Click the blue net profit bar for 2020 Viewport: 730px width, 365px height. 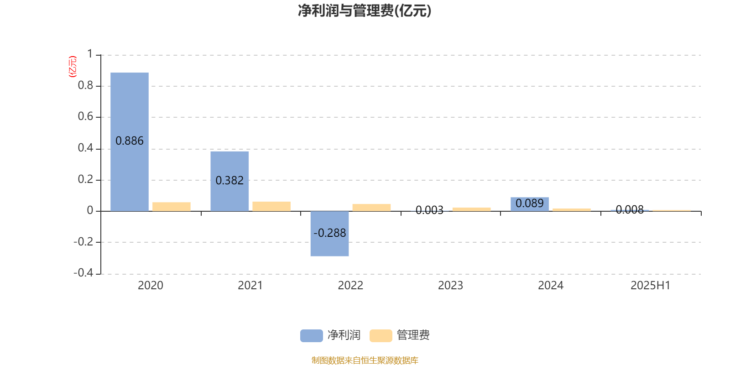coord(130,142)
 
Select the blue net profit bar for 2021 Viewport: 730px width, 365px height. coord(229,181)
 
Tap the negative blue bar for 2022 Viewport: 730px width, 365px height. coord(329,234)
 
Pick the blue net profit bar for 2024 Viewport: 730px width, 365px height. coord(530,204)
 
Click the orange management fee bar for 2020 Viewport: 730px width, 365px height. coord(172,207)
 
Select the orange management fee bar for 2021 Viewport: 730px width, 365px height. coord(271,206)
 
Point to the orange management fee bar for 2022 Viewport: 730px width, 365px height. coord(371,208)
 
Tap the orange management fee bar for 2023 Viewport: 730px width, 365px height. coord(472,209)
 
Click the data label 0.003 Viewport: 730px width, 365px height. coord(429,210)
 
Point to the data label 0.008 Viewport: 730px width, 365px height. coord(630,209)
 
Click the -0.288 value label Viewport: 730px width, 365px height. coord(329,233)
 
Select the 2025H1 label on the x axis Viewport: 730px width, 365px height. coord(651,286)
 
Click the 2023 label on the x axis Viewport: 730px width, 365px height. coord(450,286)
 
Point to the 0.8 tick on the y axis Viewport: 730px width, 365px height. coord(85,85)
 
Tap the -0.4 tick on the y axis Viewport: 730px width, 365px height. coord(83,272)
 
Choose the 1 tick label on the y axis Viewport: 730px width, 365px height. coord(90,54)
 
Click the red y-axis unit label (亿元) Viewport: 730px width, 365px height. coord(73,67)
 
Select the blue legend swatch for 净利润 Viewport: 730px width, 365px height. coord(312,336)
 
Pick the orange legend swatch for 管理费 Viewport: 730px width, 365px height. coord(381,336)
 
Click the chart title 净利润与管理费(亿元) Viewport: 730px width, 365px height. coord(365,10)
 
